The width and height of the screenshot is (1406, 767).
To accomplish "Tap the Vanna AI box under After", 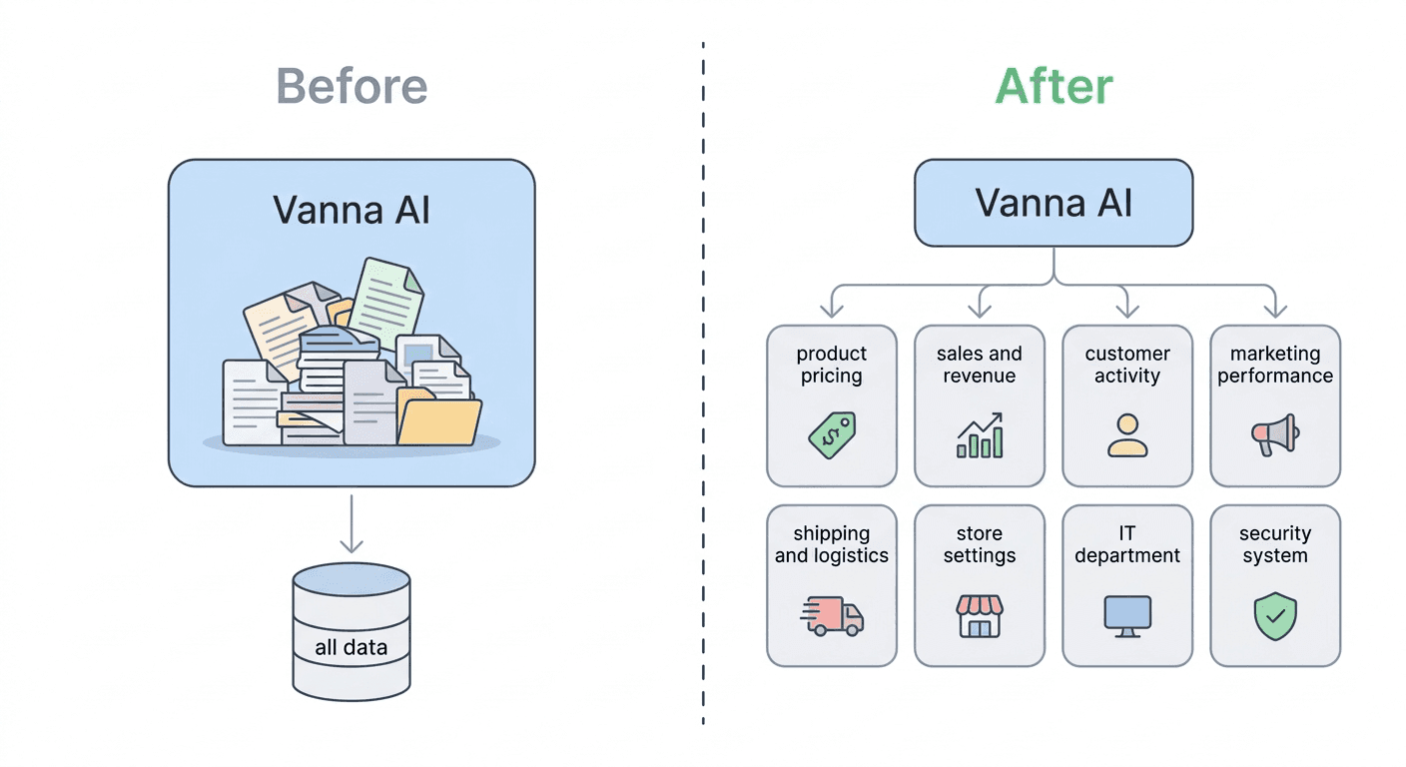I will (1054, 203).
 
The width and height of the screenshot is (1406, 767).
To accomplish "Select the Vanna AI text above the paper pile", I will (351, 211).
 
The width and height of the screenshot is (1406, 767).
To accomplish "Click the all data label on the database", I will (351, 647).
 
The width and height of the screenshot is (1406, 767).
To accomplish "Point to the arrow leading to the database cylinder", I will (351, 524).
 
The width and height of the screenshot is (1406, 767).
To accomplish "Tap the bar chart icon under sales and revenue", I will (979, 435).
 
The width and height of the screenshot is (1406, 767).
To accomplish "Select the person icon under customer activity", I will (1126, 435).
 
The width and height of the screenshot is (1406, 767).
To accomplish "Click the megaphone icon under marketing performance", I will (1274, 434).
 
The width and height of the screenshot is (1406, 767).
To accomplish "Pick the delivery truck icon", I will (832, 615).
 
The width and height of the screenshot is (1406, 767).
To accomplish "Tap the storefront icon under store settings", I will (979, 615).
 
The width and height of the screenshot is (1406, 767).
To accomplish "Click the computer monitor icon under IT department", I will (1126, 615).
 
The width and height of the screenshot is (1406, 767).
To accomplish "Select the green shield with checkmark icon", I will (1274, 615).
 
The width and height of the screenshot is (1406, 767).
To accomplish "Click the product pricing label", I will (831, 365).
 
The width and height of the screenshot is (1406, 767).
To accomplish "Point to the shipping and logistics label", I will (831, 544).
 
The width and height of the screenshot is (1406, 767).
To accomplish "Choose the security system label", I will (1274, 544).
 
